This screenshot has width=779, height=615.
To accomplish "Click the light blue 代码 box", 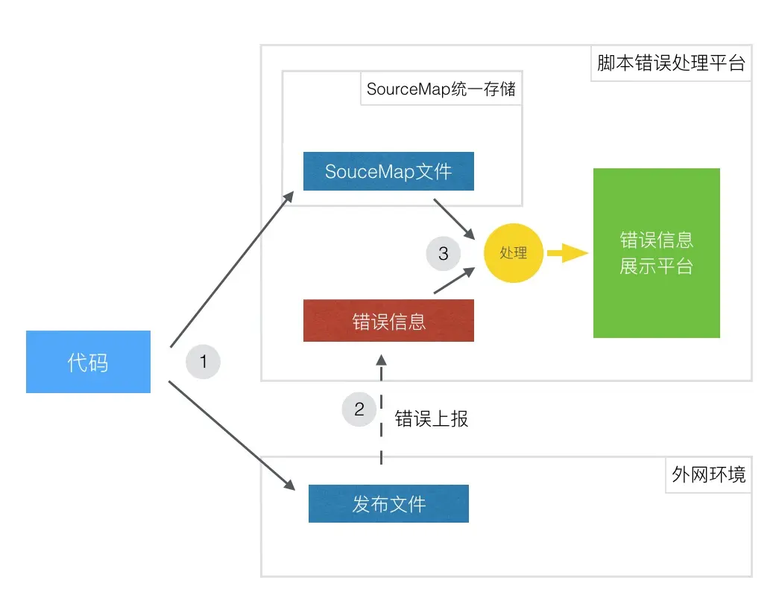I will tap(88, 362).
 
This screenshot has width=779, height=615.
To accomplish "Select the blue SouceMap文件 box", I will tap(388, 171).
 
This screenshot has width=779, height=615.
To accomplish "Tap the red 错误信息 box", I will tap(388, 321).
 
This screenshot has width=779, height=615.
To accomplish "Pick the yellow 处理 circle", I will tap(514, 253).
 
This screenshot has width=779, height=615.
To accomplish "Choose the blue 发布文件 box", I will tap(388, 504).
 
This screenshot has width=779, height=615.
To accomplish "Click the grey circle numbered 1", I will tap(203, 362).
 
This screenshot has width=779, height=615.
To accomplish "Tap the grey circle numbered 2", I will tap(359, 409).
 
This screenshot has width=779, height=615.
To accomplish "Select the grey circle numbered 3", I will tap(444, 253).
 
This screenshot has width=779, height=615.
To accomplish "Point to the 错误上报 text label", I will tap(432, 418).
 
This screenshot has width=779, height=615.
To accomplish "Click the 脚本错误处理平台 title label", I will tap(671, 63).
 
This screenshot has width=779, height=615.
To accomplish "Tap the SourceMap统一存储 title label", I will tap(441, 90).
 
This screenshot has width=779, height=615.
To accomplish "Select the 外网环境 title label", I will tap(708, 474).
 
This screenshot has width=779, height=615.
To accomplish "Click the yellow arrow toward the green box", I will tap(567, 253).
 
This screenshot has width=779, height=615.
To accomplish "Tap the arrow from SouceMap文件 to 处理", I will tap(453, 218).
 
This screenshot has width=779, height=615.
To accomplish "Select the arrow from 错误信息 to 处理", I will tap(453, 281).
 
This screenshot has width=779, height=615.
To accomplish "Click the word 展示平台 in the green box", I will tap(656, 267).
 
